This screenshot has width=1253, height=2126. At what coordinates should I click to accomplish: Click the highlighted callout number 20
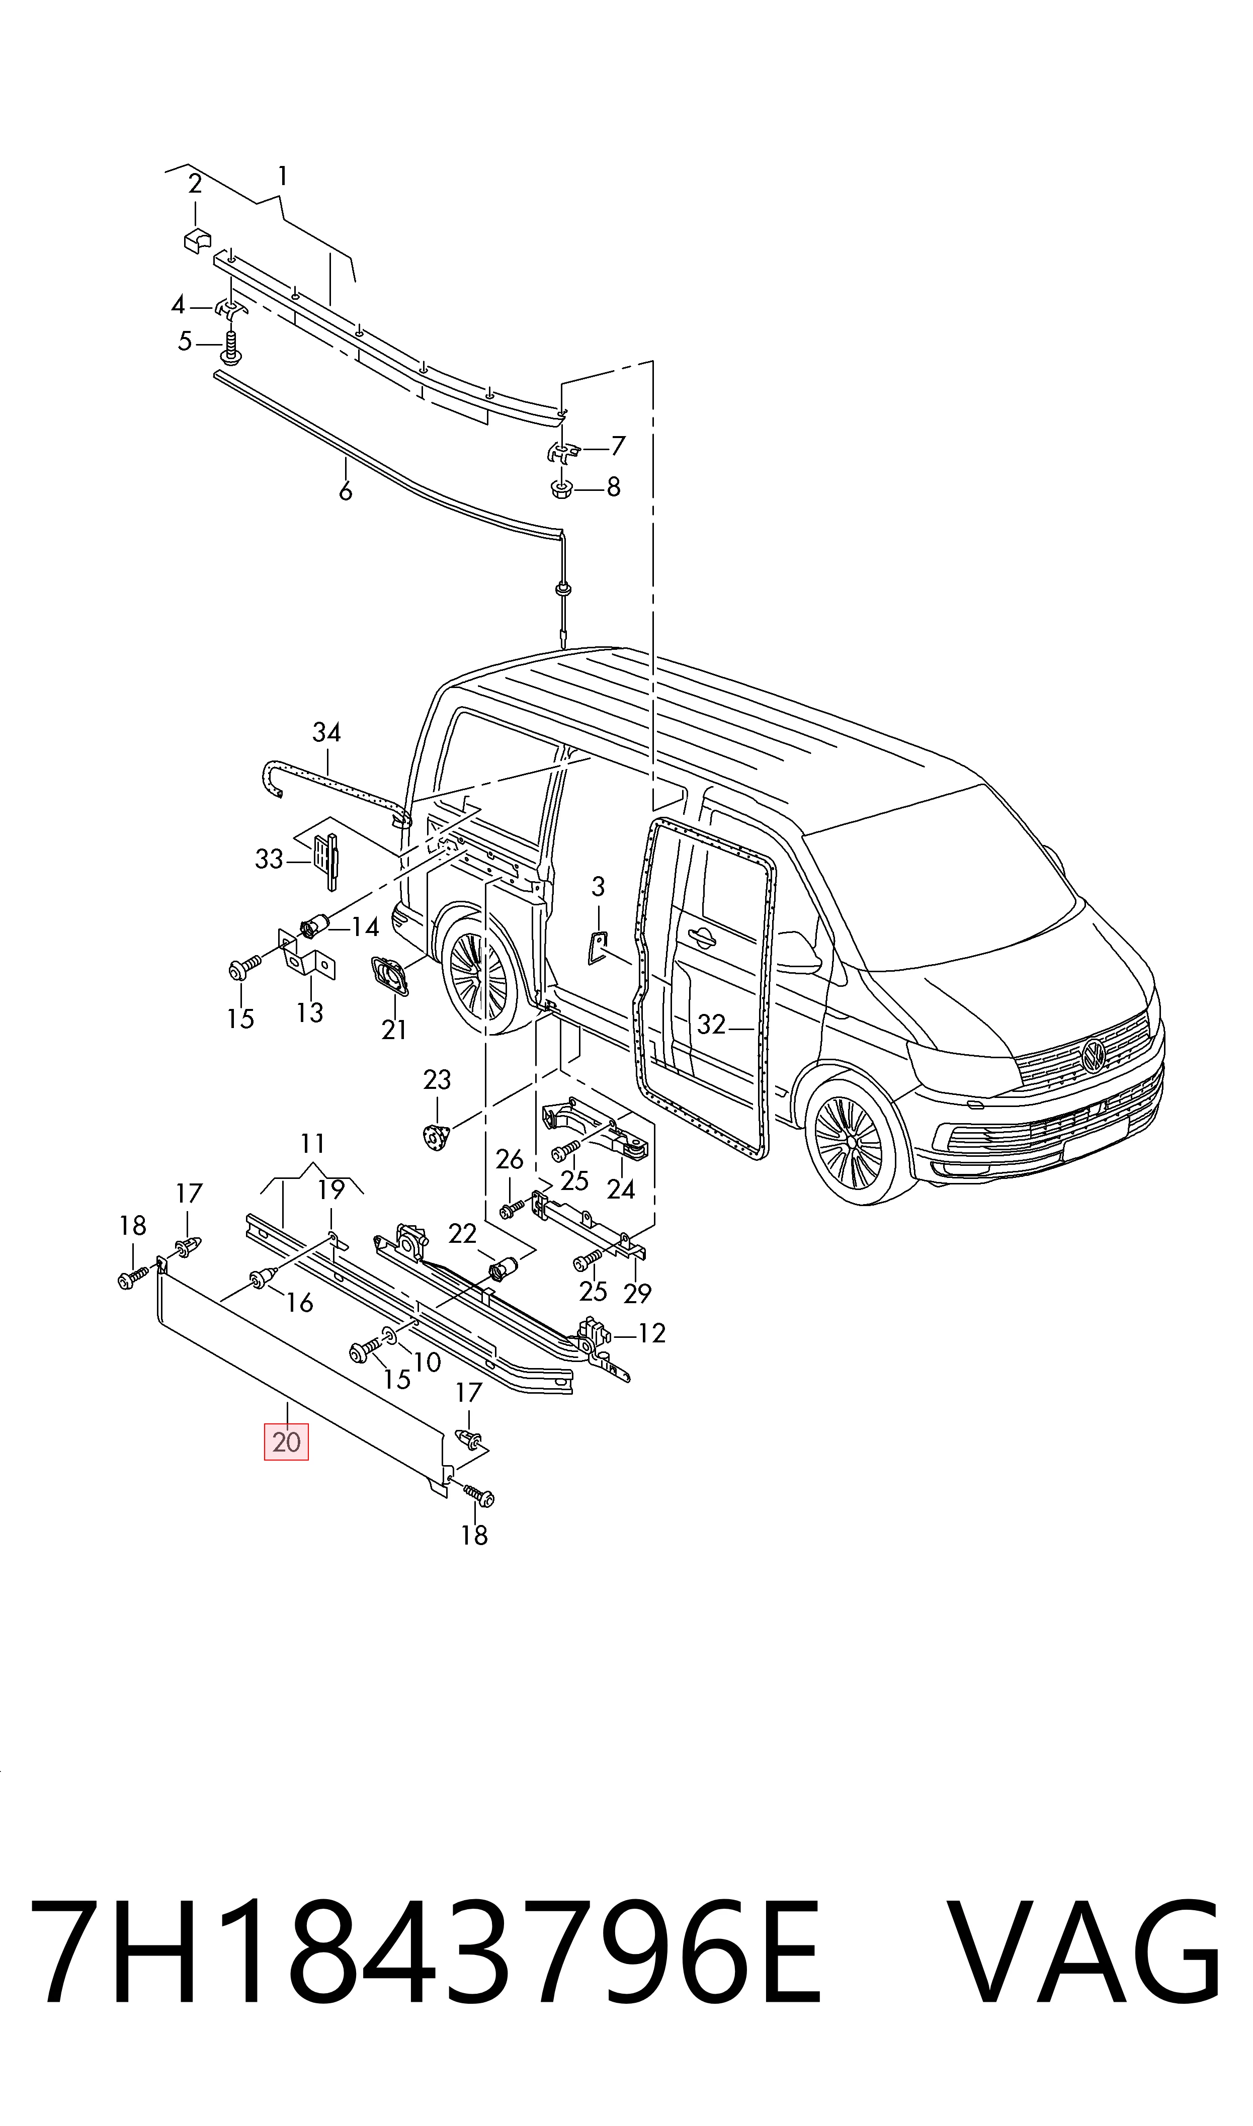click(x=286, y=1441)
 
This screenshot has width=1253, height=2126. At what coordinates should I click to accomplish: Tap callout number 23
click(x=438, y=1079)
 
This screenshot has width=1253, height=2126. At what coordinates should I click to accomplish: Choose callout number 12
click(x=652, y=1333)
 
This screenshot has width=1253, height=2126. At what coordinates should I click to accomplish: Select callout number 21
click(x=394, y=1030)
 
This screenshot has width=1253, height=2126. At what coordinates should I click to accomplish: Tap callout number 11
click(x=312, y=1144)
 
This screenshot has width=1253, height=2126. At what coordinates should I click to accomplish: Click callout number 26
click(x=509, y=1160)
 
